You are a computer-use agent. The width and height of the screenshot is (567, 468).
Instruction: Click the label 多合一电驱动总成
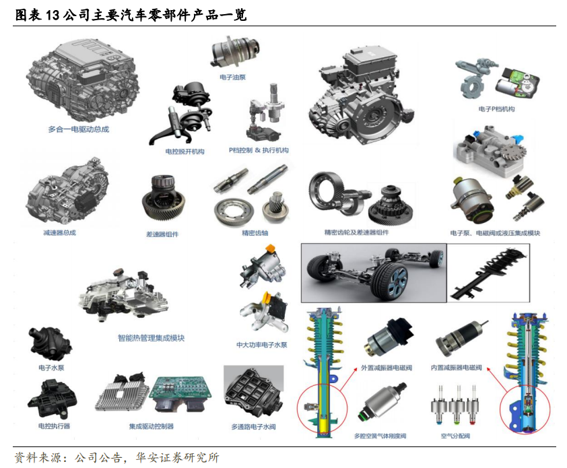(x=79, y=129)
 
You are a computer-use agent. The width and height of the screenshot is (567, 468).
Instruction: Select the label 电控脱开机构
(x=185, y=152)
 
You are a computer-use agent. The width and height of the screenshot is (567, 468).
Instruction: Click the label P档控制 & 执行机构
(x=259, y=150)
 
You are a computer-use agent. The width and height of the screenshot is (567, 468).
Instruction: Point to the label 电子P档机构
(x=496, y=109)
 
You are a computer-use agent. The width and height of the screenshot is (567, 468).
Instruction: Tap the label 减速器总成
(x=60, y=232)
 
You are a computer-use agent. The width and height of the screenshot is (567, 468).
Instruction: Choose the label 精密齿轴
(x=255, y=233)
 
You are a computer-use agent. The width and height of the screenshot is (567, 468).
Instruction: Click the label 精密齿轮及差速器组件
(x=356, y=232)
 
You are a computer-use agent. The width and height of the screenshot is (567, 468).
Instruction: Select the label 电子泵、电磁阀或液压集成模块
(x=495, y=233)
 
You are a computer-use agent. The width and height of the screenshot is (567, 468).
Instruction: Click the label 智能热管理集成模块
(x=151, y=338)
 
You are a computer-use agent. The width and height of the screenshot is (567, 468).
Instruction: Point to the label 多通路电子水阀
(x=253, y=427)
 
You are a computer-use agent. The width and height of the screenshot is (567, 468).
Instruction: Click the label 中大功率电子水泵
(x=262, y=345)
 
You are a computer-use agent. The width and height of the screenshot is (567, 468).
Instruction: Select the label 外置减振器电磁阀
(x=387, y=368)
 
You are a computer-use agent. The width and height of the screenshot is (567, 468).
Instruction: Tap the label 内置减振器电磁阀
(x=457, y=368)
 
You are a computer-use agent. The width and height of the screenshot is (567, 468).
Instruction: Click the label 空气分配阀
(x=455, y=436)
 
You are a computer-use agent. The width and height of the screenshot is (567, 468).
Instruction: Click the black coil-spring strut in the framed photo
(x=488, y=272)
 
